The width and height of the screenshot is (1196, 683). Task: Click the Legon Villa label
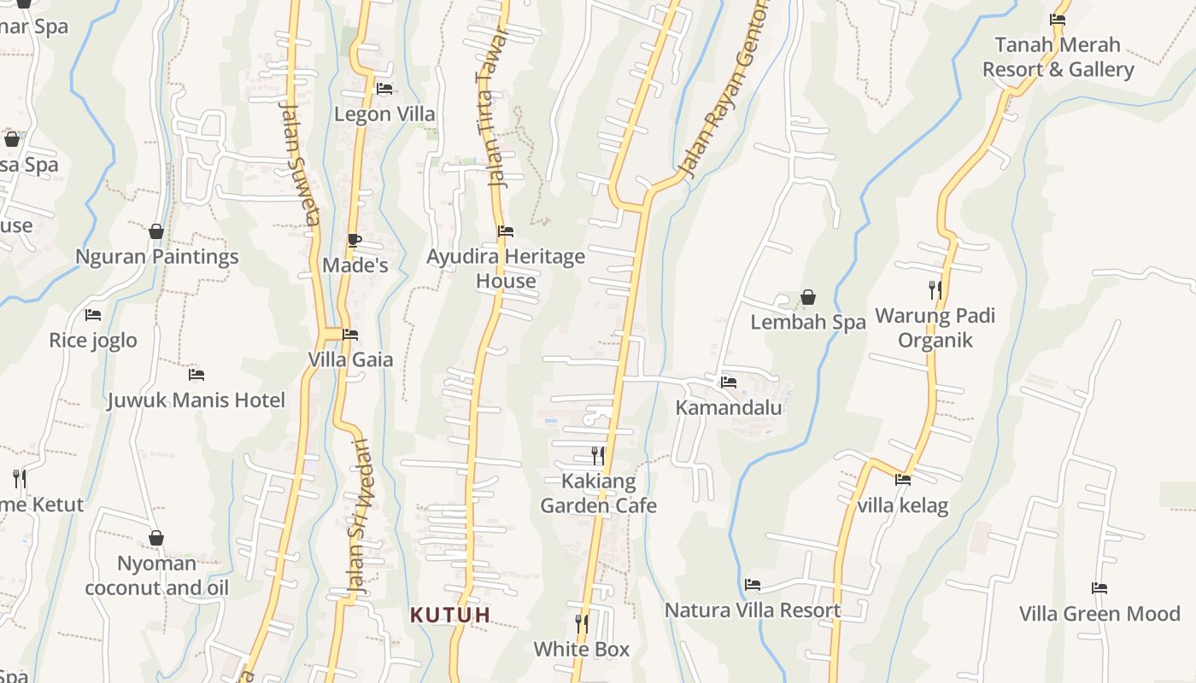click(384, 114)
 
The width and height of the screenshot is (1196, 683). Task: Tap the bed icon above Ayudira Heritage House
click(506, 231)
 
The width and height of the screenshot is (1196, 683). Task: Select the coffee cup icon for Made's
click(354, 240)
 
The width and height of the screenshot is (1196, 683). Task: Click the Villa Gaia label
click(351, 359)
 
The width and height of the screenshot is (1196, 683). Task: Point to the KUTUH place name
click(450, 615)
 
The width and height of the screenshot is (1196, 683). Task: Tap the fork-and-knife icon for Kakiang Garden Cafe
click(598, 455)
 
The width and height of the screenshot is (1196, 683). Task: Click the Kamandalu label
click(729, 407)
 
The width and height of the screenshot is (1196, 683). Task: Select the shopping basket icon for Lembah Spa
click(808, 297)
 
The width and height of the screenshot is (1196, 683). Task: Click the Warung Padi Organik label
click(935, 328)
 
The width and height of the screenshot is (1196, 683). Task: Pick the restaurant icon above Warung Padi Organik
click(935, 290)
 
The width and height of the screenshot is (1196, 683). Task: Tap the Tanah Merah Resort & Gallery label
click(1058, 57)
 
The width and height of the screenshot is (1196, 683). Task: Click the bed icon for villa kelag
click(903, 480)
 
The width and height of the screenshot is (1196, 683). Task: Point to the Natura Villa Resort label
click(753, 610)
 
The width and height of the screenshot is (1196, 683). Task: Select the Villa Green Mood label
click(1099, 614)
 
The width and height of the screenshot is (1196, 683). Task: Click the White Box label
click(582, 649)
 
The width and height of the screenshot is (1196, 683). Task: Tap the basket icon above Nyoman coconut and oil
click(156, 538)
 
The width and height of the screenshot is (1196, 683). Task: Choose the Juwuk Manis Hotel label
click(196, 400)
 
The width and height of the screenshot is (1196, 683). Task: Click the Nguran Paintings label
click(157, 257)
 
